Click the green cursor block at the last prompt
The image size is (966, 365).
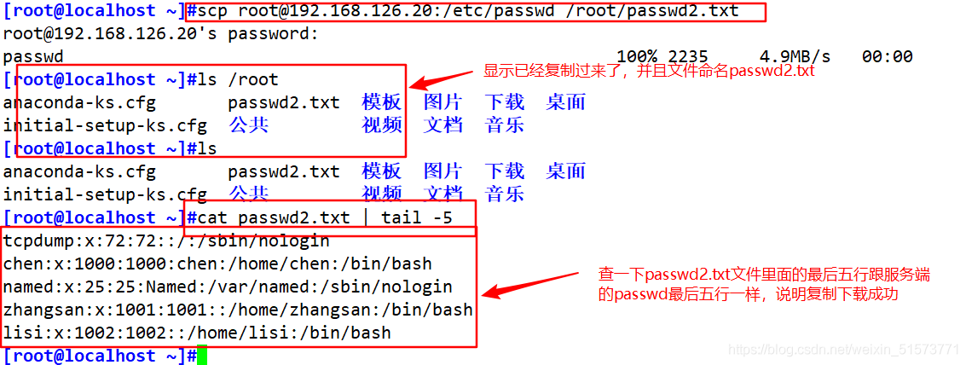pyautogui.click(x=202, y=356)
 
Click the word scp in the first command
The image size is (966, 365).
pyautogui.click(x=212, y=10)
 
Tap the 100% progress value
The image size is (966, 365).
pyautogui.click(x=636, y=57)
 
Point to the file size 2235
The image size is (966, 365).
pyautogui.click(x=687, y=57)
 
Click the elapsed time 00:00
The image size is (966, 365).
pyautogui.click(x=888, y=57)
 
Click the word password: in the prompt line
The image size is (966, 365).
pyautogui.click(x=274, y=34)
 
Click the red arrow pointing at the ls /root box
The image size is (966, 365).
pyautogui.click(x=443, y=79)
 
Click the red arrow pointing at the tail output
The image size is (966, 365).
pyautogui.click(x=529, y=284)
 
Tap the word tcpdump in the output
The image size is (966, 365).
pyautogui.click(x=39, y=241)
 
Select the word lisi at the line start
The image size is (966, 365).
pyautogui.click(x=23, y=333)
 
